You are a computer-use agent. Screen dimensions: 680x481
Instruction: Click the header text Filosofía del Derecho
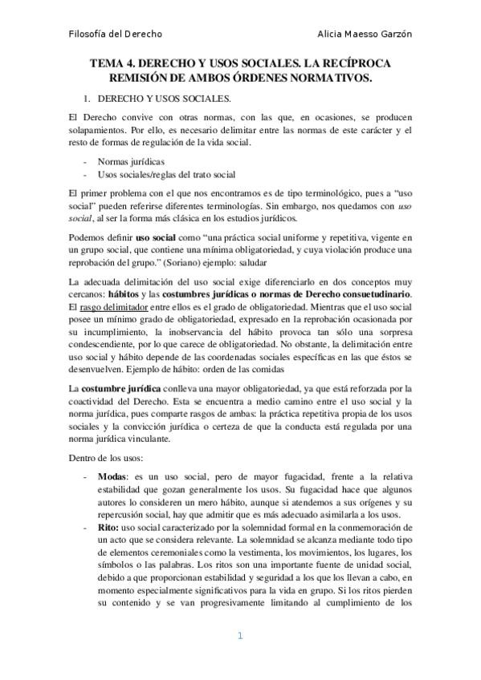point(115,34)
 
